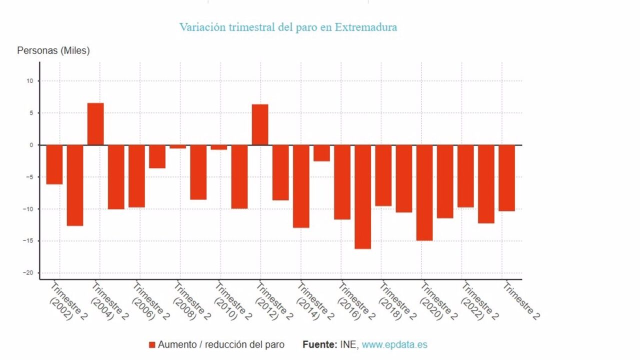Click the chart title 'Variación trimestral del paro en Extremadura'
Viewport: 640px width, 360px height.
coord(288,27)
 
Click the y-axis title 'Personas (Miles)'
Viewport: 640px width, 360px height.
coord(53,50)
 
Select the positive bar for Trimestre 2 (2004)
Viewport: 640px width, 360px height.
coord(95,124)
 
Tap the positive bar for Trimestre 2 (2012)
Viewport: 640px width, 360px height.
coord(260,125)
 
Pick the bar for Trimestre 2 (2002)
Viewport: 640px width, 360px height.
coord(54,164)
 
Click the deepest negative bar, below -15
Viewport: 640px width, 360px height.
coord(363,197)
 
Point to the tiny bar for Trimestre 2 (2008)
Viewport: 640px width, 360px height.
coord(177,147)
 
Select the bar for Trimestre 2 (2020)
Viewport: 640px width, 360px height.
coord(424,193)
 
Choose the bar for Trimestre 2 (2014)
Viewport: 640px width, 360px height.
coord(301,186)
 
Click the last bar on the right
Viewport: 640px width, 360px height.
coord(507,178)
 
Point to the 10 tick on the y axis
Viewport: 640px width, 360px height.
coord(30,81)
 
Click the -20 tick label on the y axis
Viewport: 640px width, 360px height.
coord(28,273)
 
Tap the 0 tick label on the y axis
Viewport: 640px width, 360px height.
coord(31,145)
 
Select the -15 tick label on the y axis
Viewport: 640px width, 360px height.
coord(28,241)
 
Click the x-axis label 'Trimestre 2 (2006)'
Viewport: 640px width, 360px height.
coord(150,301)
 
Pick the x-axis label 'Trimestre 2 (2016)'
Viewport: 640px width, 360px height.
coord(355,301)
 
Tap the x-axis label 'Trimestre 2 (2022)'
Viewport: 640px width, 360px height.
coord(479,301)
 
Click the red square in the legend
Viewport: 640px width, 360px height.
coord(152,345)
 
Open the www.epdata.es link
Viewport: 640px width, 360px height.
coord(394,345)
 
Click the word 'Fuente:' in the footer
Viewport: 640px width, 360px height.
coord(320,344)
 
